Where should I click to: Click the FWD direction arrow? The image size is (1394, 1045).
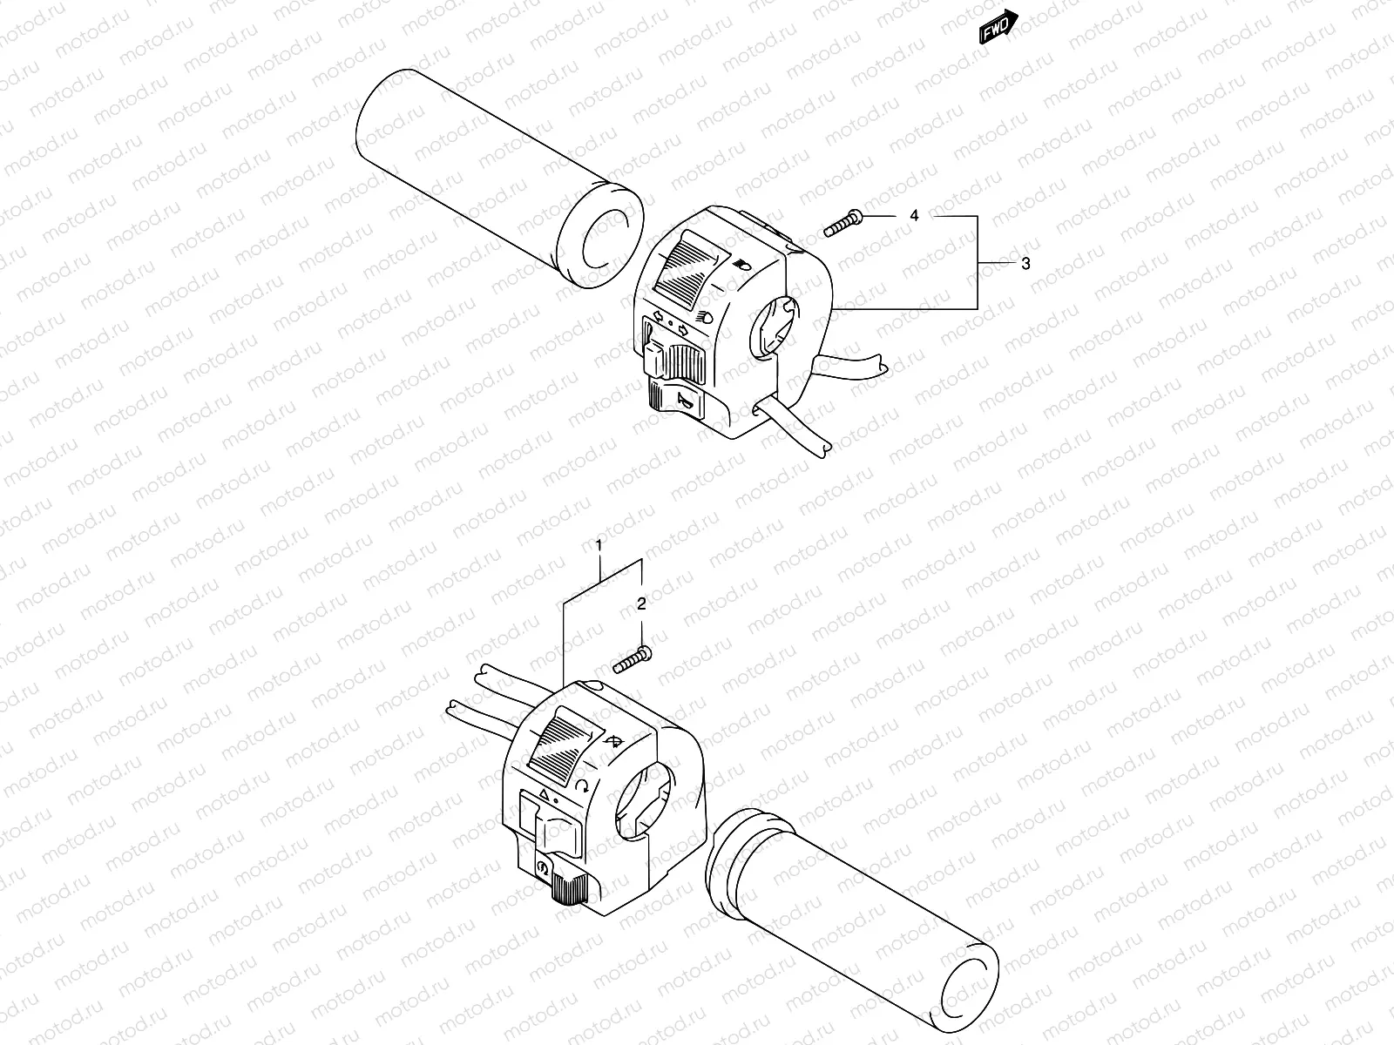coord(998,28)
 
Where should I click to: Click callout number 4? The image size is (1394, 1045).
coord(914,215)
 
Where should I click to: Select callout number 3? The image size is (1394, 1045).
coord(1025,263)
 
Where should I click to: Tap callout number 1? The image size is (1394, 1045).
coord(599,545)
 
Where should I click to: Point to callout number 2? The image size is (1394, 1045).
coord(641,603)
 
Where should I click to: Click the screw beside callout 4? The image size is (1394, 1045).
coord(842,222)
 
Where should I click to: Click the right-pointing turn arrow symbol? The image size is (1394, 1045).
coord(684,329)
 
